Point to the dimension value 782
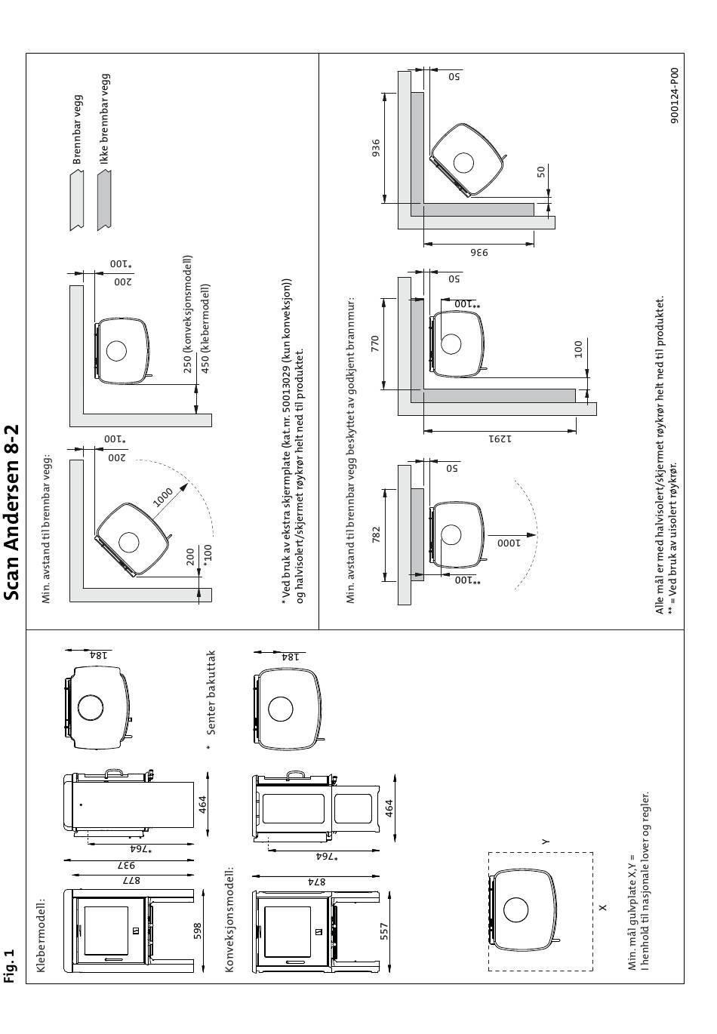[x=376, y=534]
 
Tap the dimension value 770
[x=375, y=344]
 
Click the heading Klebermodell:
[x=42, y=936]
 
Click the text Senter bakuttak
[x=211, y=693]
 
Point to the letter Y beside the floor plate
[x=546, y=841]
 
